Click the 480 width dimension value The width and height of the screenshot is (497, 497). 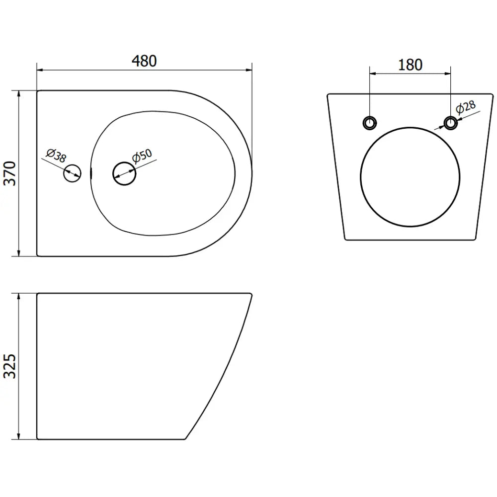pos(144,61)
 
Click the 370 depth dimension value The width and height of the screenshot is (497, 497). pos(11,173)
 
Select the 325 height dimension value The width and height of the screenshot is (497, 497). pos(11,366)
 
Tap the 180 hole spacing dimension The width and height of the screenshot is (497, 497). pos(410,65)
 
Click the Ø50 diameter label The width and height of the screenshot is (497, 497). pos(142,157)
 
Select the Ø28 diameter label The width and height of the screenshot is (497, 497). pos(466,108)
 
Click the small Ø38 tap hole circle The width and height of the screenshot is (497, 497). pos(72,173)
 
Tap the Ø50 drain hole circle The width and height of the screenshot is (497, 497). pos(124,173)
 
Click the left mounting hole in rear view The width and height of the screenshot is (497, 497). pos(369,123)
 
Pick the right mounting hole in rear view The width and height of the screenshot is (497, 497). pos(450,123)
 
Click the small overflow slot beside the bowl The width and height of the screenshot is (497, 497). pos(91,173)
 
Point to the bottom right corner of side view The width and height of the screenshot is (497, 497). pos(185,439)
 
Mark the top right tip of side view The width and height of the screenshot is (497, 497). pos(251,294)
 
